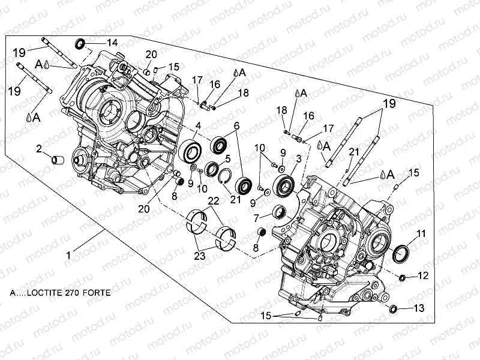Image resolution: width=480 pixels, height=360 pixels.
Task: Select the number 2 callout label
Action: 38,148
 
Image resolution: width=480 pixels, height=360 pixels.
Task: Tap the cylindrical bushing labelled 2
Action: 57,160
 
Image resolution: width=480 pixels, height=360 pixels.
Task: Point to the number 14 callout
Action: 112,42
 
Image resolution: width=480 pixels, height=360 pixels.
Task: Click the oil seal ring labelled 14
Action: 80,44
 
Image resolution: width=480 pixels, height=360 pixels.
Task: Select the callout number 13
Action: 419,308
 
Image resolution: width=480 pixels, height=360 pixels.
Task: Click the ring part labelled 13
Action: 394,308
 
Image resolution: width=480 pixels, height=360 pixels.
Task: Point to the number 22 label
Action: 213,200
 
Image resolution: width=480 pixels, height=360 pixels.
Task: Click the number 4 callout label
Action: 197,125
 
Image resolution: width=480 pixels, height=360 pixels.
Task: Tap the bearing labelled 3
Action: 283,184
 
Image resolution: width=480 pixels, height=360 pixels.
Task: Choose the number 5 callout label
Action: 227,158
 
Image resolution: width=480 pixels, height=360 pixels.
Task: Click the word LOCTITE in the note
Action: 50,295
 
